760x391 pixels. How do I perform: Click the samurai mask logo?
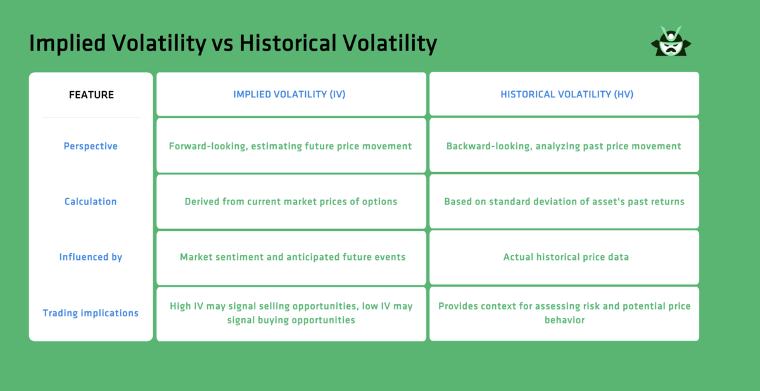(671, 42)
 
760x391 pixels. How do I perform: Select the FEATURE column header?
(91, 95)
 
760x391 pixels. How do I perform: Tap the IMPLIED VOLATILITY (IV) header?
(290, 94)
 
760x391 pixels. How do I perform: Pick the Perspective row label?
(91, 146)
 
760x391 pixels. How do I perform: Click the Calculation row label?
(91, 202)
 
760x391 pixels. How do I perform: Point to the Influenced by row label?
(91, 258)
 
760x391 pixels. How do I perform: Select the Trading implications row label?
(91, 313)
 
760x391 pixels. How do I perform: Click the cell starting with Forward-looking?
(290, 146)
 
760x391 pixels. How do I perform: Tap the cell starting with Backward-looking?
(564, 146)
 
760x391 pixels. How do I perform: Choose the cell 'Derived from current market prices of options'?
(291, 202)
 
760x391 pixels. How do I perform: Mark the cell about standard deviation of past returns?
(564, 202)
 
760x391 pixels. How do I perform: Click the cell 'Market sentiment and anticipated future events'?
(291, 258)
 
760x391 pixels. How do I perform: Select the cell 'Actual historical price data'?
(564, 258)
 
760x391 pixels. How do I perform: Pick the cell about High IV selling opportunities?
(291, 313)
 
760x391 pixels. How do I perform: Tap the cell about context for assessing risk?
(564, 313)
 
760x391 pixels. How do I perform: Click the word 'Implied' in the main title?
(67, 44)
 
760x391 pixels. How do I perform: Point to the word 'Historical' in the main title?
(289, 44)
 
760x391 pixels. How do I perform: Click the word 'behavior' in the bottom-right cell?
(564, 320)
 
